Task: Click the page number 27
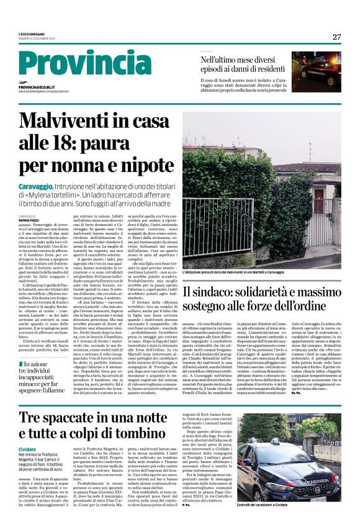[x=336, y=37]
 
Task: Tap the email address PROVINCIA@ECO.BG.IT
[x=36, y=88]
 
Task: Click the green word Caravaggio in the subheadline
[x=37, y=187]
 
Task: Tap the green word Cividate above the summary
[x=27, y=448]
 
